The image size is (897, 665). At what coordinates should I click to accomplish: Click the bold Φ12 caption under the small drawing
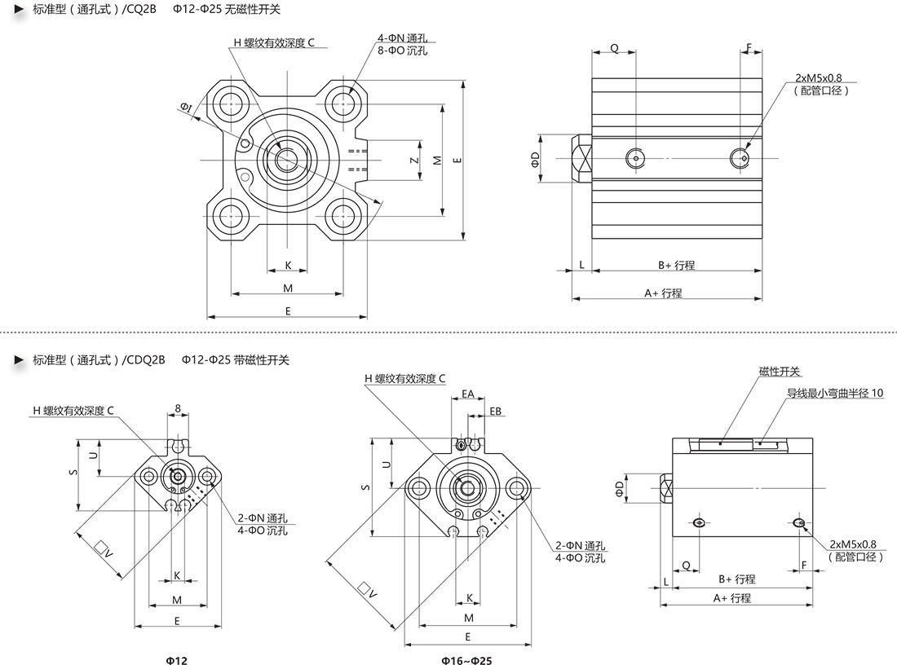click(x=176, y=660)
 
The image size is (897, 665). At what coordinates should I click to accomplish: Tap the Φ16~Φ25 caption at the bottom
click(x=467, y=660)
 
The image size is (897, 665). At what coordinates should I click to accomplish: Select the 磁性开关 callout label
click(x=780, y=372)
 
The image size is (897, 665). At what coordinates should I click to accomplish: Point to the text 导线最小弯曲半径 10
click(x=834, y=393)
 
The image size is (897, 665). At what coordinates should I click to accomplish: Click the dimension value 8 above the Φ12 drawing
click(x=178, y=408)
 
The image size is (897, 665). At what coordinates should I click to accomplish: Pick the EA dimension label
click(x=468, y=394)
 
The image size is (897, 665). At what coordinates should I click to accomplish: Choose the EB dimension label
click(x=496, y=412)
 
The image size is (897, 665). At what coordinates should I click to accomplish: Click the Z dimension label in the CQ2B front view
click(x=414, y=160)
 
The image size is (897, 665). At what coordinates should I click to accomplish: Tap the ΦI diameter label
click(x=186, y=107)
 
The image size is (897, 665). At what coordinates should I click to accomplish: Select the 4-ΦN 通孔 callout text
click(x=403, y=38)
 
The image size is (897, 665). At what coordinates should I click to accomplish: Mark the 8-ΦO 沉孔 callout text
click(x=403, y=51)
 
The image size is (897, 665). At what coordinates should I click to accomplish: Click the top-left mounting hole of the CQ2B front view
click(x=232, y=103)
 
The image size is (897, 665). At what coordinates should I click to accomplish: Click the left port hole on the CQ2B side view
click(x=635, y=157)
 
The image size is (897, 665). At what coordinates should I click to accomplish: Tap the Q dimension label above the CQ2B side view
click(x=614, y=48)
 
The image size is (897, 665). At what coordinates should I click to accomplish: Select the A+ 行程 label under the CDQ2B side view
click(x=731, y=597)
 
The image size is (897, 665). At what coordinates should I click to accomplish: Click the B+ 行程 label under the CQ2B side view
click(x=676, y=265)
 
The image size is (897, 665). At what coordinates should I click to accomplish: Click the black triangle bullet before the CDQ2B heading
click(x=18, y=359)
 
